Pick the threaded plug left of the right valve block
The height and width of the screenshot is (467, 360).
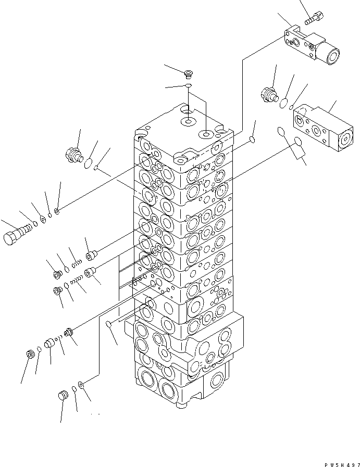[269, 94]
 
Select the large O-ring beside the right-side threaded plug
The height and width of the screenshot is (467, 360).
[284, 103]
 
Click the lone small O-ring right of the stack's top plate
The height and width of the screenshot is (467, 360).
[252, 140]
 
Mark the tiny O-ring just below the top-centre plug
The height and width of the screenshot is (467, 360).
[189, 85]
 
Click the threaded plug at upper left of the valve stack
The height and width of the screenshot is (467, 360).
[72, 154]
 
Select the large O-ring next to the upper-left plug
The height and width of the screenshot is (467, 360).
[88, 163]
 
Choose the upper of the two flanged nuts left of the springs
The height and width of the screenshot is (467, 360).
[58, 274]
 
